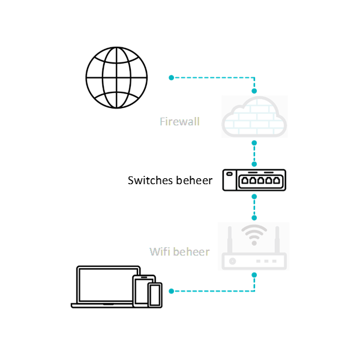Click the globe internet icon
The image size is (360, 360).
coord(116,77)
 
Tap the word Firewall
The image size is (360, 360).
coord(179,122)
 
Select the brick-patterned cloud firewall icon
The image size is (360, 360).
coord(254,116)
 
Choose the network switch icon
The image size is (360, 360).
coord(254,179)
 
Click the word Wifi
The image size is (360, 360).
coord(159,251)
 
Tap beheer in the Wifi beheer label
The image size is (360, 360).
coord(191,251)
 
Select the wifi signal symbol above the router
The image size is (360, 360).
coord(254,235)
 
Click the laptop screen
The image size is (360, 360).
coord(106,286)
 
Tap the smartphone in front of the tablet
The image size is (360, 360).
coord(155,295)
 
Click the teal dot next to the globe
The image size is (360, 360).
coord(171,77)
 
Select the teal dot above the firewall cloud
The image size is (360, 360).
coord(254,91)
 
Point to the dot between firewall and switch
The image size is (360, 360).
coord(254,143)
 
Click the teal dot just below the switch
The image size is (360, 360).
coord(254,196)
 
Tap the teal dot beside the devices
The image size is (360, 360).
coord(171,291)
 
